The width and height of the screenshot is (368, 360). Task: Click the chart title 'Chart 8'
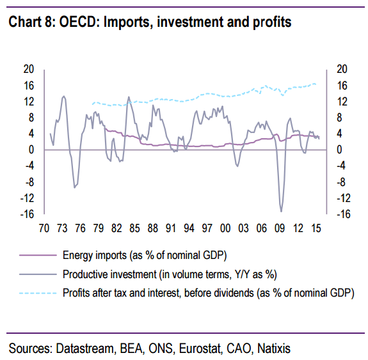tap(33, 22)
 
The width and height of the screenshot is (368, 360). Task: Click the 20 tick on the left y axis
tap(28, 69)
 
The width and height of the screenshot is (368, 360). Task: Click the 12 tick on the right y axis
tap(342, 102)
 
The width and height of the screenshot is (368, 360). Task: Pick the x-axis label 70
tap(45, 228)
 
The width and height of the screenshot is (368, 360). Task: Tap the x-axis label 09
tap(280, 228)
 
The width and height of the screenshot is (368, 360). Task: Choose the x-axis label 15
tap(316, 228)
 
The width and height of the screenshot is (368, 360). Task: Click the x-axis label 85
tap(134, 228)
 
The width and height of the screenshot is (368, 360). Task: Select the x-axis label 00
tap(225, 228)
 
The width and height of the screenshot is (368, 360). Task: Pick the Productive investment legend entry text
tap(164, 275)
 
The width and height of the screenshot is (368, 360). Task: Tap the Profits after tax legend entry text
tap(207, 293)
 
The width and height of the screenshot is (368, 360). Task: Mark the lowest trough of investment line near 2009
tap(281, 211)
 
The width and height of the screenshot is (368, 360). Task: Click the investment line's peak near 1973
tap(63, 96)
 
